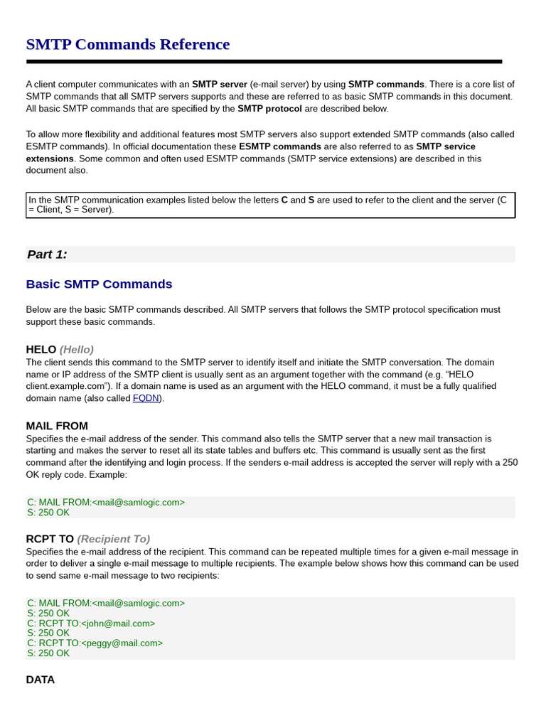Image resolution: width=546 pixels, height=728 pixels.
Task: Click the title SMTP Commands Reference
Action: [128, 44]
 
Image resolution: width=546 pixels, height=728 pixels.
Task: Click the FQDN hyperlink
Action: [146, 398]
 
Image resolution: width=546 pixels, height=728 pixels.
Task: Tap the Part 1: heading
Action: [47, 255]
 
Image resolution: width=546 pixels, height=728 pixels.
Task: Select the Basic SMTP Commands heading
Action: [99, 284]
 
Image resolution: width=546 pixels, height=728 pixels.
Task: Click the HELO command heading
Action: [41, 349]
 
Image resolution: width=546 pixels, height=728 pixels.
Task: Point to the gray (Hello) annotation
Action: [77, 349]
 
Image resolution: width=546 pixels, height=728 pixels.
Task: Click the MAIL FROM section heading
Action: [57, 426]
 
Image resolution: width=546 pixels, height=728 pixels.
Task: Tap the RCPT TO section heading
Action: [50, 539]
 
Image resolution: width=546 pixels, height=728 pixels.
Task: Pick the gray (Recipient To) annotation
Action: [114, 539]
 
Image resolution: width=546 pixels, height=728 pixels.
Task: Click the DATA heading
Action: [41, 680]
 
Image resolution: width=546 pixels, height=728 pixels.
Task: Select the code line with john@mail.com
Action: [91, 623]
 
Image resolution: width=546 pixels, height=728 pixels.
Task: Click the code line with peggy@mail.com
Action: [95, 643]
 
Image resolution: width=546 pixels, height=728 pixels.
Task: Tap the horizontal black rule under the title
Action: [264, 62]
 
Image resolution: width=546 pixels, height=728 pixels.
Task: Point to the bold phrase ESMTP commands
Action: [280, 146]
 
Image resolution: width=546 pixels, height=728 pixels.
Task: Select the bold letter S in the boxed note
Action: [311, 200]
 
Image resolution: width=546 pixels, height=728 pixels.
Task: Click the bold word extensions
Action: [50, 159]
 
